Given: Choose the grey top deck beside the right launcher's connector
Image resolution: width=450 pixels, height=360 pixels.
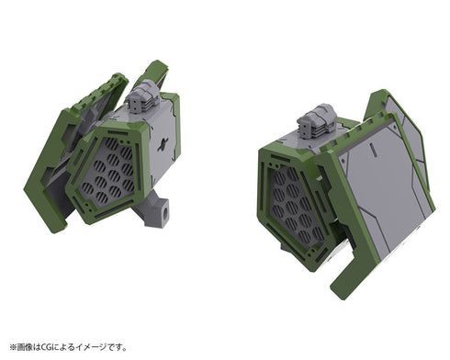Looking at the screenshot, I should click(340, 134).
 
